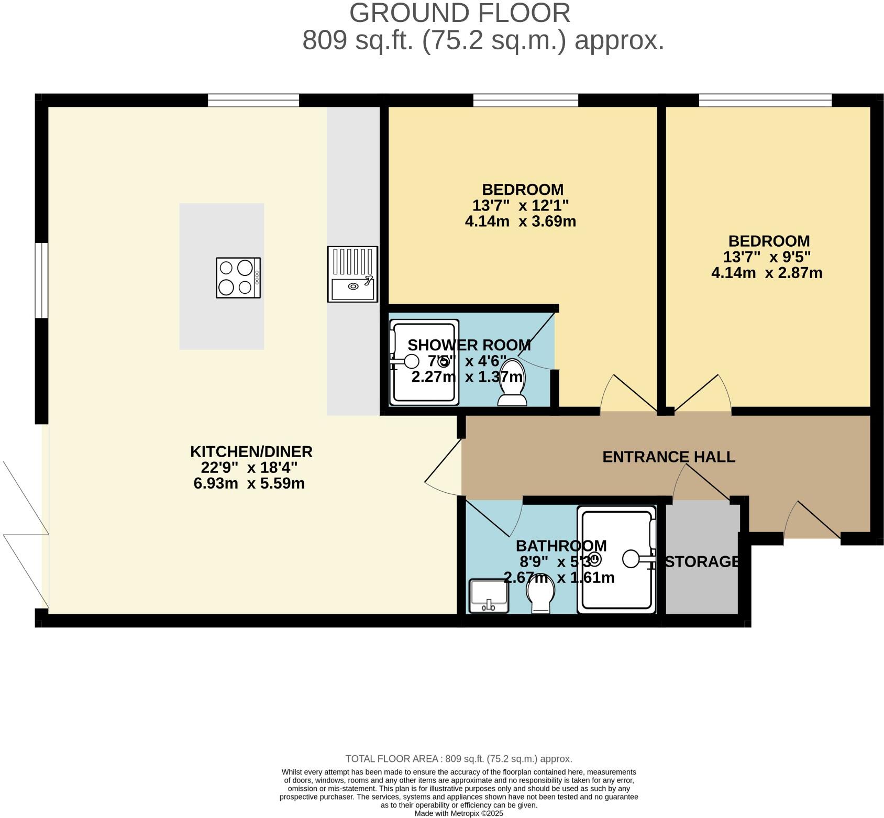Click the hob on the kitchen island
(238, 278)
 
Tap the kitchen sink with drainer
(352, 274)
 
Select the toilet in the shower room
(512, 383)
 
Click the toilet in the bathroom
(541, 597)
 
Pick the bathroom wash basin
(489, 595)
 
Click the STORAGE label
(702, 561)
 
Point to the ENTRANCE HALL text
(669, 457)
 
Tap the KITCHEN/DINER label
(251, 451)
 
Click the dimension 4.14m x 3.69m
(520, 221)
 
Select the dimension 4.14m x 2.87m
(767, 273)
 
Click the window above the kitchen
(253, 100)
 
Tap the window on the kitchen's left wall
(41, 280)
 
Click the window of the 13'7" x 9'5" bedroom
(765, 100)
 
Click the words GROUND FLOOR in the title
(459, 13)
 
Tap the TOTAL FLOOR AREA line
(459, 759)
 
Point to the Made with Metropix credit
(459, 813)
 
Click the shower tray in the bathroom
(616, 559)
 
